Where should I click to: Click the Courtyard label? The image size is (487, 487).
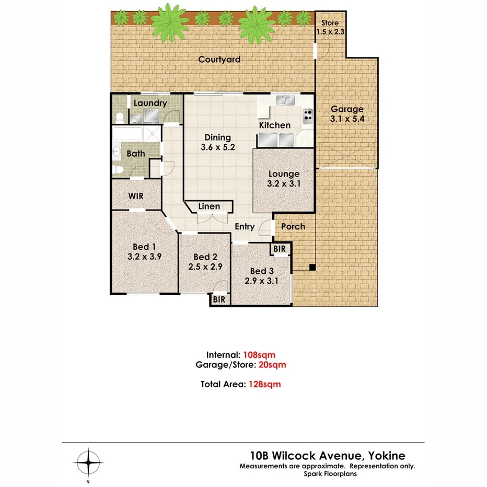[219, 60]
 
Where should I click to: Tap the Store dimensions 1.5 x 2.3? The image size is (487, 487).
[330, 31]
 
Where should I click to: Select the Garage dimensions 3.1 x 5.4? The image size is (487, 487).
[347, 119]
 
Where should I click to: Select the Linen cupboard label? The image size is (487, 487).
[209, 206]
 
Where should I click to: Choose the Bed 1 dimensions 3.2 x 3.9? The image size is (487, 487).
[144, 257]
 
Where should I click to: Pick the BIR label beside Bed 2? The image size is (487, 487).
[219, 299]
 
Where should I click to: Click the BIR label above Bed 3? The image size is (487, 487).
[280, 249]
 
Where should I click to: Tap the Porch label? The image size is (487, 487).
[293, 226]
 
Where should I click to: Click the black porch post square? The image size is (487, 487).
[312, 268]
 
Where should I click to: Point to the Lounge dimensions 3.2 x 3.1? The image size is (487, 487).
[284, 184]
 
